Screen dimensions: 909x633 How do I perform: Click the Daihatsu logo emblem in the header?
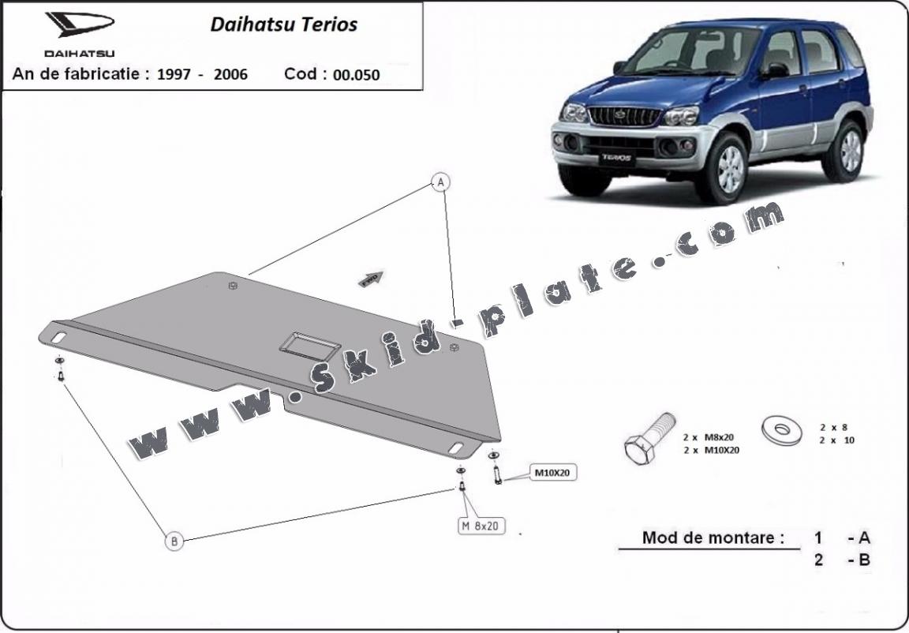point(80,24)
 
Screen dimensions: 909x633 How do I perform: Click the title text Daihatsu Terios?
point(283,24)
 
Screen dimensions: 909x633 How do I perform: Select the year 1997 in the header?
point(174,75)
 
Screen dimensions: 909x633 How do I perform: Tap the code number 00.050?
point(357,75)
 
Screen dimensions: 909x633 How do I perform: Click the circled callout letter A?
point(441,182)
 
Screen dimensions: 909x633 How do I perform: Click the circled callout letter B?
point(174,541)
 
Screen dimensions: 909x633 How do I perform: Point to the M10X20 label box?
point(552,473)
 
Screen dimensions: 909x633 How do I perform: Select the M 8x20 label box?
point(480,526)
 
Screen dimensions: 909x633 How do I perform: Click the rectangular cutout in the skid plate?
point(310,346)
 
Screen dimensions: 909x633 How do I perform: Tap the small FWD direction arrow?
point(371,279)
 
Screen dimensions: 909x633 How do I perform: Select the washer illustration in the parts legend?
point(781,430)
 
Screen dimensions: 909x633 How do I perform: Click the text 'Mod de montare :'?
point(713,537)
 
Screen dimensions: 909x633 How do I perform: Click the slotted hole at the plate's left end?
point(58,336)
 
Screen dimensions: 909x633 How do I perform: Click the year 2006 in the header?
point(230,75)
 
